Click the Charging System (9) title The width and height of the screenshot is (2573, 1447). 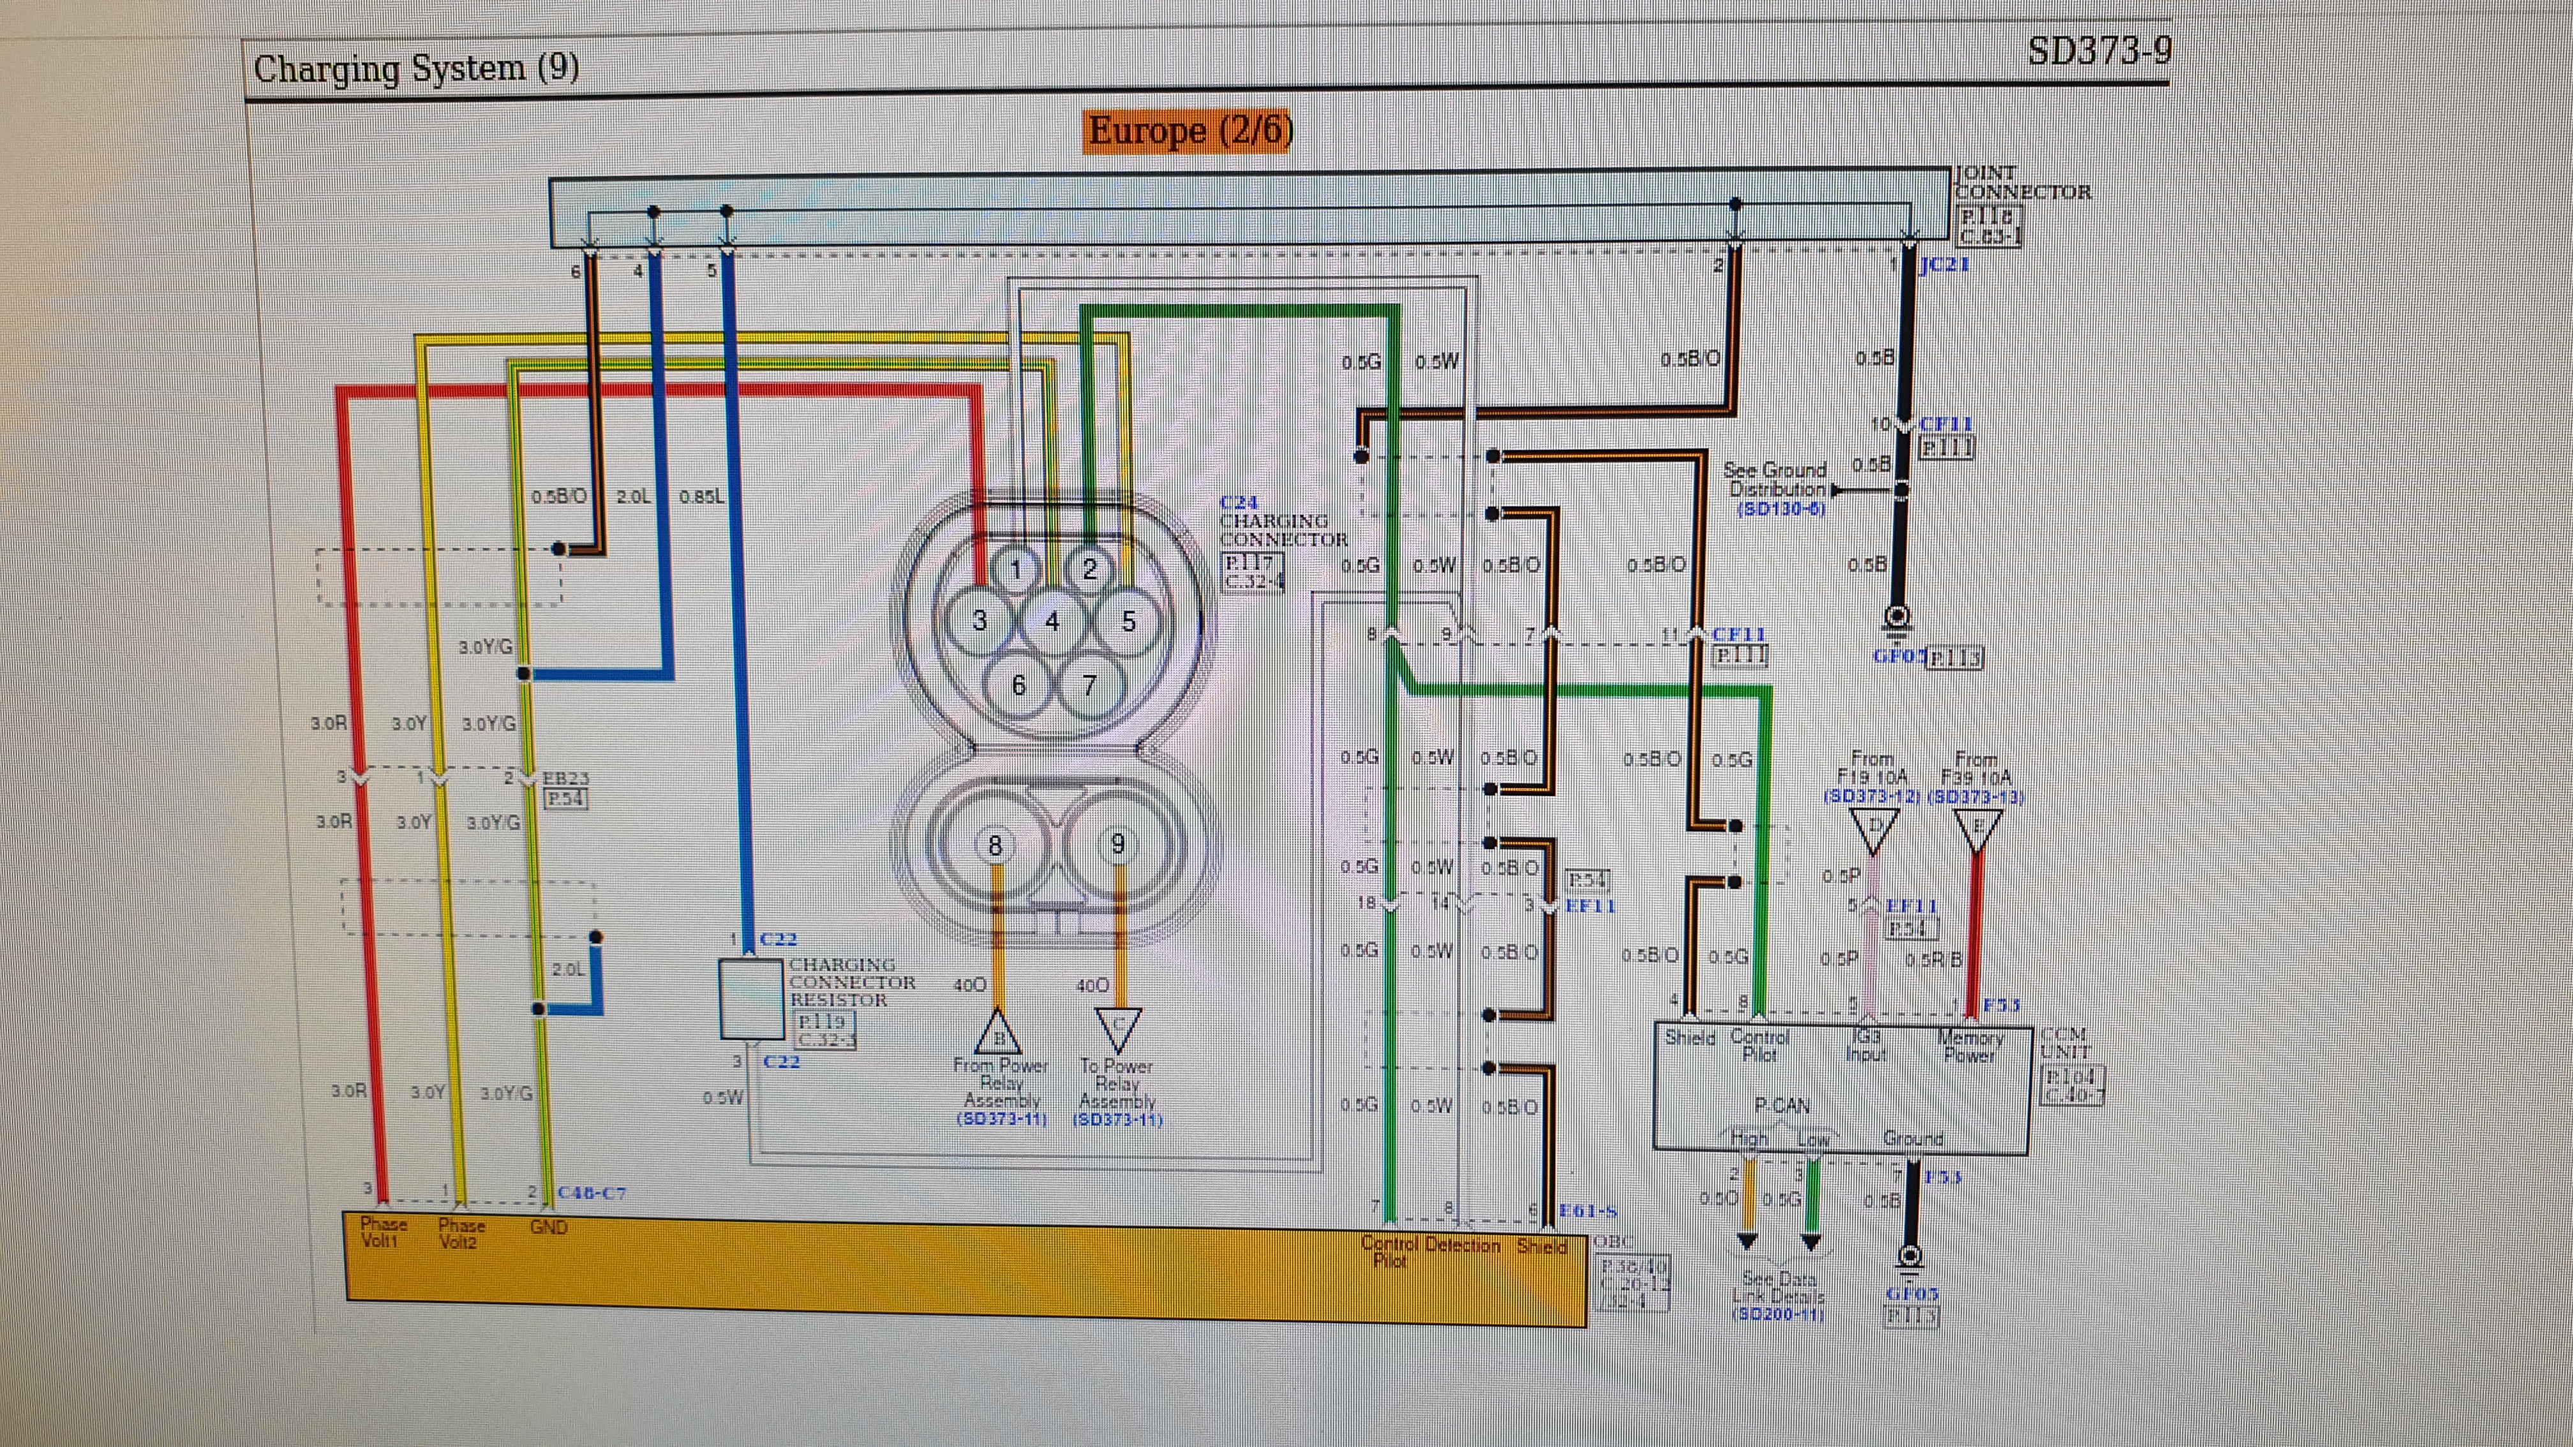coord(415,68)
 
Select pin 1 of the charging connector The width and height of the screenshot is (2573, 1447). coord(1016,569)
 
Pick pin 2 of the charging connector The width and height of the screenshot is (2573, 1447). coord(1090,569)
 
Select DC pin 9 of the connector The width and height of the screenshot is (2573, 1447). coord(1117,845)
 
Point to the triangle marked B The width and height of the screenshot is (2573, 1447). coord(997,1032)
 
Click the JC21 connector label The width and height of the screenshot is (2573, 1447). coord(1944,265)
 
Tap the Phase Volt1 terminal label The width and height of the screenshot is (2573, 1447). coord(382,1232)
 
